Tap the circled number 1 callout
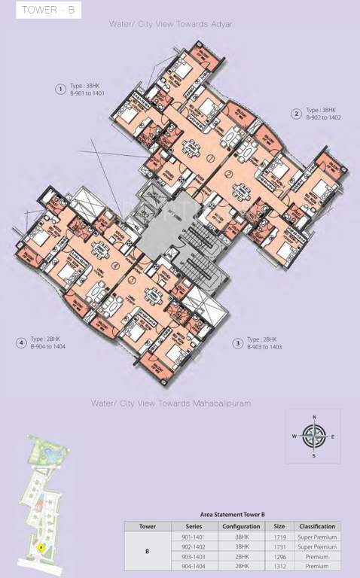tap(59, 90)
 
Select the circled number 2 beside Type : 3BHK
tap(297, 114)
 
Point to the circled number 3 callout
tap(237, 343)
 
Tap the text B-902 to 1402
tap(324, 118)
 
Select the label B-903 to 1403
tap(264, 348)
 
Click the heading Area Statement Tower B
tap(232, 513)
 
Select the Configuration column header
tap(241, 526)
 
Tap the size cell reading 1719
tap(279, 537)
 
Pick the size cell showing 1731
tap(279, 546)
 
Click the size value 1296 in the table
tap(279, 556)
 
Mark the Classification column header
tap(316, 526)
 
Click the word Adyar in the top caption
tap(221, 24)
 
